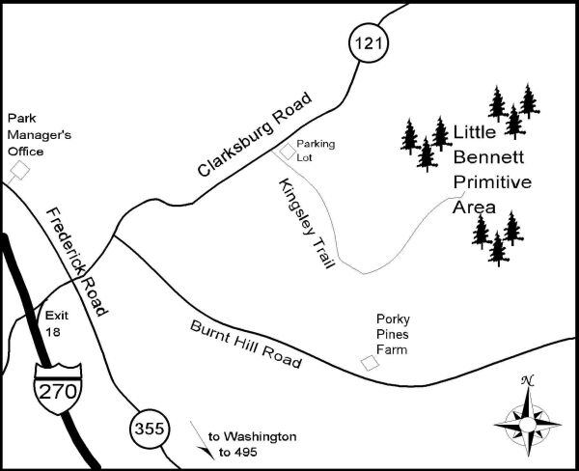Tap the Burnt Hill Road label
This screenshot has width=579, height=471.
(x=247, y=342)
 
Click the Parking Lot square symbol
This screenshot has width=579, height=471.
(x=287, y=151)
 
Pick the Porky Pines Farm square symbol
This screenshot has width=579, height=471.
(x=368, y=362)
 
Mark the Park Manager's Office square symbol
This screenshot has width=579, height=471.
(x=18, y=172)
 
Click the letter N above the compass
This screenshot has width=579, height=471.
(x=527, y=380)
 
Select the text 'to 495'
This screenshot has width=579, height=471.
(x=237, y=452)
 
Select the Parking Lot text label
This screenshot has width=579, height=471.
(x=315, y=151)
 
